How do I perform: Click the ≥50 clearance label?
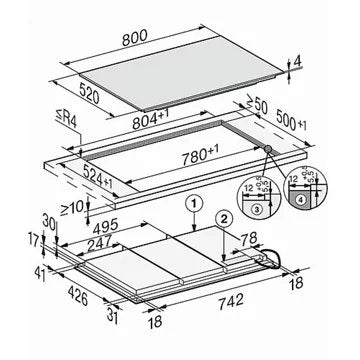coord(259,103)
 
